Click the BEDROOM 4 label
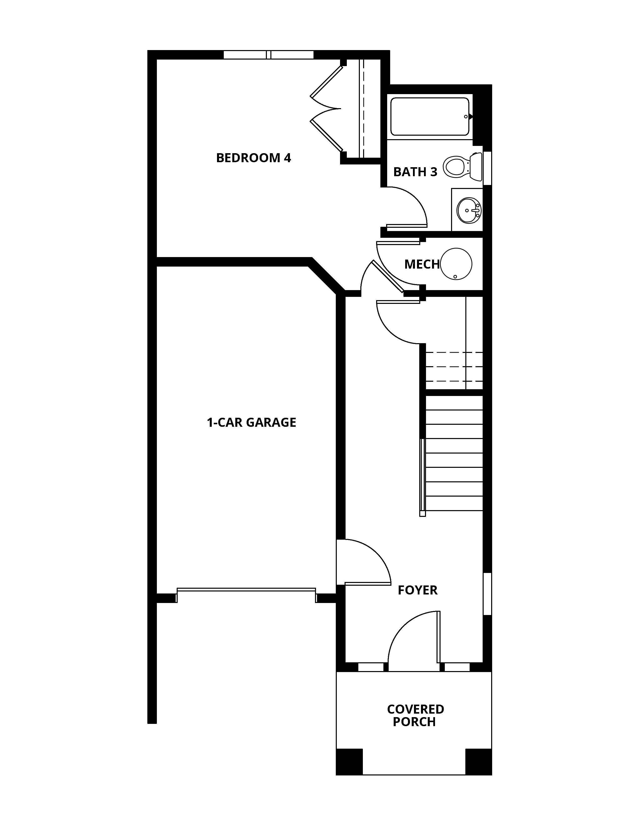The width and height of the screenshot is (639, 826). point(253,158)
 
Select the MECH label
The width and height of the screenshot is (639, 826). point(422,264)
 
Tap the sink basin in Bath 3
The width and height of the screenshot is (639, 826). point(469,210)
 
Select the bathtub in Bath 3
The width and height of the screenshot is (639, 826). point(430,116)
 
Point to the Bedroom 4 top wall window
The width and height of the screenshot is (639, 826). point(268,55)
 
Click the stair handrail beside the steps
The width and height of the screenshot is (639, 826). point(422,477)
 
